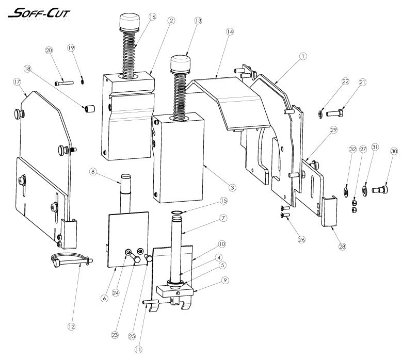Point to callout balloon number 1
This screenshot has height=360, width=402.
point(303,55)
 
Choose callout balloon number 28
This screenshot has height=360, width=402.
point(342,247)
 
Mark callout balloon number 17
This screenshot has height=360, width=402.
point(17,81)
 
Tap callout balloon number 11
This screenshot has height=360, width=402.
point(138,349)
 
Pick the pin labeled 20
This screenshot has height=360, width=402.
point(64,82)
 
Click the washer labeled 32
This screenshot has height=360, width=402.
point(344,193)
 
